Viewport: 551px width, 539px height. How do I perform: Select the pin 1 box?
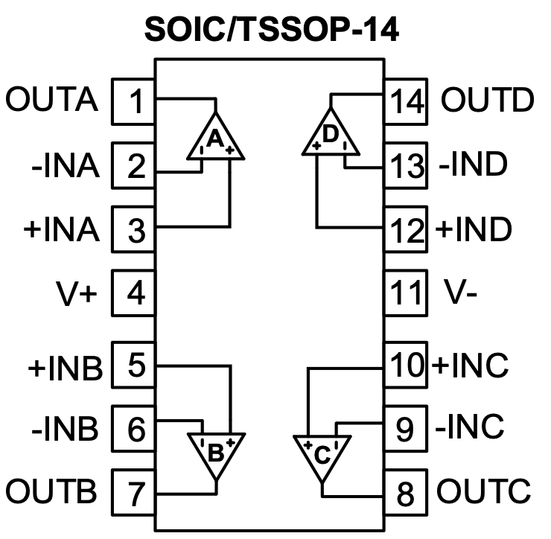pos(134,101)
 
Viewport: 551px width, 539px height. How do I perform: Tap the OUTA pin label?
pos(53,100)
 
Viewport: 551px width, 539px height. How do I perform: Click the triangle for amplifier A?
pos(214,138)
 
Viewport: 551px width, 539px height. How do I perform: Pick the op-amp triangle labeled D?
pos(331,135)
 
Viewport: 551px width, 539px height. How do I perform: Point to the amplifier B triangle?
pos(214,451)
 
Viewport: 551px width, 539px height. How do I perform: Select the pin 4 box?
pos(134,293)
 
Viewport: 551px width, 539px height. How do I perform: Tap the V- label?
pos(460,293)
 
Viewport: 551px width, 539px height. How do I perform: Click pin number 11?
pos(406,293)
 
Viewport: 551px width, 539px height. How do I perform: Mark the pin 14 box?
pos(406,101)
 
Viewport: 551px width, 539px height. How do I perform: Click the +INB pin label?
pos(63,368)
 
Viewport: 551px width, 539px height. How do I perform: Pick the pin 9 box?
pos(406,429)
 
